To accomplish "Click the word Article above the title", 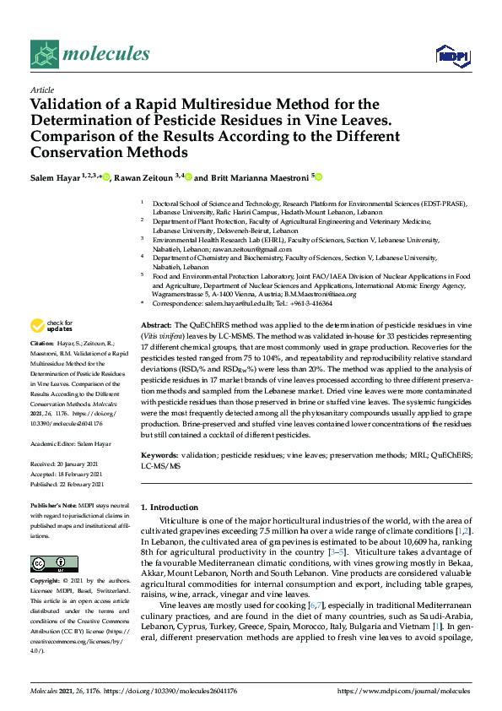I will coord(41,90).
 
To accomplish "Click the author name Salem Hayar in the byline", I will coord(54,178).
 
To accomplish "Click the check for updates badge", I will coord(52,325).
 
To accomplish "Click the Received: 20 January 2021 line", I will coord(66,465).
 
